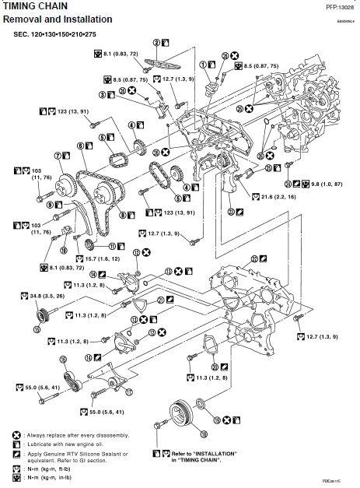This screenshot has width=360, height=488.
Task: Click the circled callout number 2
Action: point(156,42)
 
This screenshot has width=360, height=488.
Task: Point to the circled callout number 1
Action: point(203,64)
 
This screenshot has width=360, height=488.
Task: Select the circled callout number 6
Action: point(80,146)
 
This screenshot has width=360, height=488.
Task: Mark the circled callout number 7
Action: point(58,156)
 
